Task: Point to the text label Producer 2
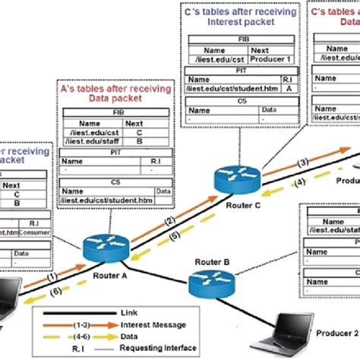tap(333, 333)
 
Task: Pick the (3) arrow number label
tap(303, 163)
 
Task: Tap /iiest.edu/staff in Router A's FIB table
tap(84, 139)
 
